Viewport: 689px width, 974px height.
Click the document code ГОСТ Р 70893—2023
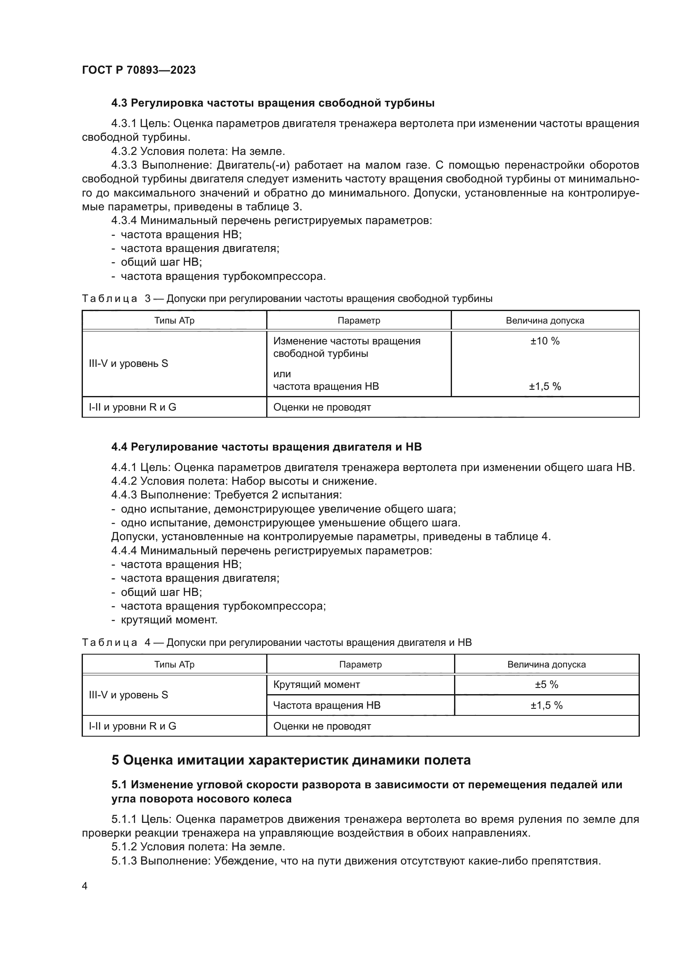tap(139, 70)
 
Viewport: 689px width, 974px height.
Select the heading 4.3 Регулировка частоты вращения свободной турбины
tap(273, 103)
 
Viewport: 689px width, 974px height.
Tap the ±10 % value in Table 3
tap(545, 341)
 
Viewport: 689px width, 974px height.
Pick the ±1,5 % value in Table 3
tap(545, 386)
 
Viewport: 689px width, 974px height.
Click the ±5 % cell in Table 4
tap(546, 684)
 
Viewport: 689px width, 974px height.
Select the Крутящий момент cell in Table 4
tap(317, 684)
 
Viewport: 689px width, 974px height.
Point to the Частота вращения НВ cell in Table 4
tap(327, 705)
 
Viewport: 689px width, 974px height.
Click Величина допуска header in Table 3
tap(545, 321)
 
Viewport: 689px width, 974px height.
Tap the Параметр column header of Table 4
tap(360, 664)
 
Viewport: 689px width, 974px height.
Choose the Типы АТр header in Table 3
tap(174, 321)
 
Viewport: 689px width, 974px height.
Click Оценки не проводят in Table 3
tap(322, 407)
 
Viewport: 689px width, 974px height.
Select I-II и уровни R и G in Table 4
tap(132, 726)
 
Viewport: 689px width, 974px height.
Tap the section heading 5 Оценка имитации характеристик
tap(291, 760)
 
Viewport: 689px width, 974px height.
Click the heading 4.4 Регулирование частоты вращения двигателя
tap(267, 447)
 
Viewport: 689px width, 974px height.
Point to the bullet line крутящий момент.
tap(169, 620)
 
